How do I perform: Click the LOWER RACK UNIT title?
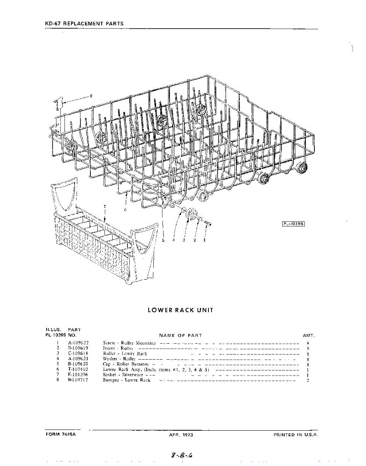pyautogui.click(x=180, y=310)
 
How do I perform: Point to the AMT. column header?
pyautogui.click(x=308, y=335)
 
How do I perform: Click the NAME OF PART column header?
pyautogui.click(x=180, y=335)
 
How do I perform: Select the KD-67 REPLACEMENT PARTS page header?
pyautogui.click(x=84, y=23)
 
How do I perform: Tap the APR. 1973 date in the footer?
pyautogui.click(x=181, y=435)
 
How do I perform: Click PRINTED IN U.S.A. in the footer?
pyautogui.click(x=296, y=435)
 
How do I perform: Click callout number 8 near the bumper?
pyautogui.click(x=91, y=96)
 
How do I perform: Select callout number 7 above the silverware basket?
pyautogui.click(x=104, y=206)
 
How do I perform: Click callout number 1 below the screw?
pyautogui.click(x=204, y=240)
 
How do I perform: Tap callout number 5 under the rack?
pyautogui.click(x=163, y=240)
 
